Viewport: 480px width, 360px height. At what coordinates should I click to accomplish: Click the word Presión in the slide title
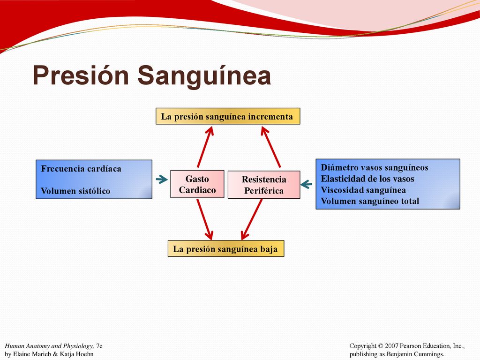(81, 75)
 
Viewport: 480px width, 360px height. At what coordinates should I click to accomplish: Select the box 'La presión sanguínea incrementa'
(228, 116)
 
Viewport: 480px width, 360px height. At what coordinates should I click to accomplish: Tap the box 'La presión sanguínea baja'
(226, 248)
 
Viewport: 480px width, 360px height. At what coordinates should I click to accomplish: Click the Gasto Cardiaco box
(197, 184)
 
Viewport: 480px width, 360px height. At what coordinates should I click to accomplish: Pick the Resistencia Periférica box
(264, 185)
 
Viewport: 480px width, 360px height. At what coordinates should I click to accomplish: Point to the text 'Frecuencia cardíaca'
(81, 169)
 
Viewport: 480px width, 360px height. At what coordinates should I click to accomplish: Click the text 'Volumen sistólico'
(75, 191)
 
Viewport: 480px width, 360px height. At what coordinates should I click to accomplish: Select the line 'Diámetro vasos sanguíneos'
(375, 168)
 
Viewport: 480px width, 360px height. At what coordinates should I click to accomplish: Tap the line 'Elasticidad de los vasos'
(367, 179)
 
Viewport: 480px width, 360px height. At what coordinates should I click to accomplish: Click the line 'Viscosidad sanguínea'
(363, 190)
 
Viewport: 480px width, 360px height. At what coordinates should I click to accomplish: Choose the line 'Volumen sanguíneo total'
(370, 201)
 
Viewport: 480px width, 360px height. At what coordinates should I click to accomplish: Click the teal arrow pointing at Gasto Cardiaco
(162, 179)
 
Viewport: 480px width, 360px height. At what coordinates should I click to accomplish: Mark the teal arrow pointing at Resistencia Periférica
(306, 184)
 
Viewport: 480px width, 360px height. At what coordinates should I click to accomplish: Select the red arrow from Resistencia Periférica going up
(270, 147)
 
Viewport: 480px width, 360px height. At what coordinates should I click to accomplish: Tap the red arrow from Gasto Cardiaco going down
(205, 219)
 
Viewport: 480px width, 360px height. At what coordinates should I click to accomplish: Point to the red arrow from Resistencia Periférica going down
(251, 219)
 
